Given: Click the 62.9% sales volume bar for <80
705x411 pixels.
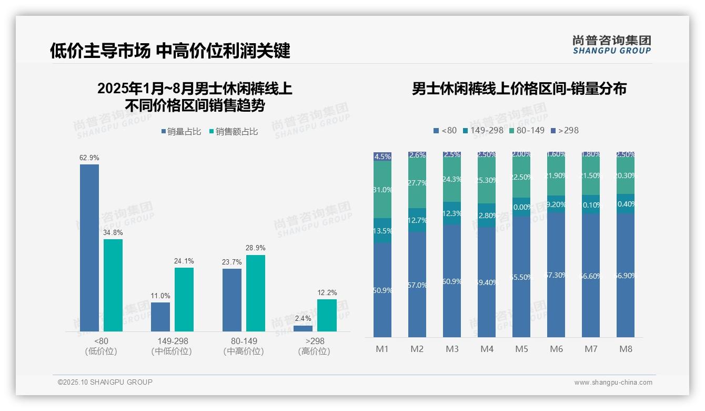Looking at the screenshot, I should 89,248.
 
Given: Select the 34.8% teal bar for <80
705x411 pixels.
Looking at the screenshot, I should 113,285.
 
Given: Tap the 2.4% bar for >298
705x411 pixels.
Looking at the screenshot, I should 303,328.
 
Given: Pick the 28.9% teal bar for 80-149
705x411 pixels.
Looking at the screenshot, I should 256,293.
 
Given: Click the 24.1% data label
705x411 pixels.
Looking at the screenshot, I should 184,261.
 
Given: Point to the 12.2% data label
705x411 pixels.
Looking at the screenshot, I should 327,292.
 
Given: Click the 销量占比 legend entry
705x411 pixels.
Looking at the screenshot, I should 180,132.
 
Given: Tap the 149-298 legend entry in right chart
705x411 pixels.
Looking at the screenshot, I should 483,130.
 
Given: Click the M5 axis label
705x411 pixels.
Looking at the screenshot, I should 521,349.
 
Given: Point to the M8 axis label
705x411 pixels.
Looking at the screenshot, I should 626,349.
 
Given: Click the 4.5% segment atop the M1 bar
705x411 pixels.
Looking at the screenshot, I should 382,156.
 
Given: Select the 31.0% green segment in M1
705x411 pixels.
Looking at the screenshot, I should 382,190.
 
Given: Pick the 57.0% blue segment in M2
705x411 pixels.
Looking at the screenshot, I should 417,285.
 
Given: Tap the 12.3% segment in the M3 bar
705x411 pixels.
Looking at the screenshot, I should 452,213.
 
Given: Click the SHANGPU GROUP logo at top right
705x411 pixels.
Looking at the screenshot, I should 611,45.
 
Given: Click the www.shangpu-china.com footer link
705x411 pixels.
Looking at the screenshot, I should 613,383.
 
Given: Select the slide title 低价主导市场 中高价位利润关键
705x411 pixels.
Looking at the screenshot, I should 170,51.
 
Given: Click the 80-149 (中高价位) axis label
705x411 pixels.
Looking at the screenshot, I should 244,346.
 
